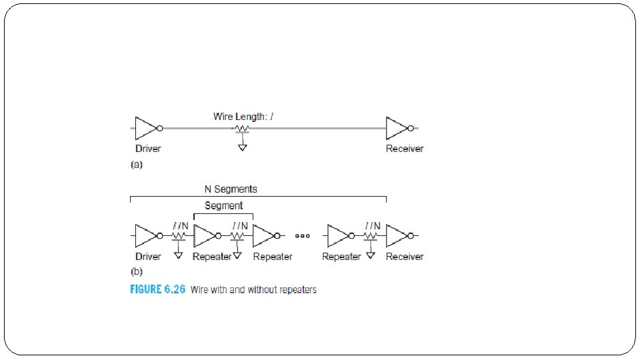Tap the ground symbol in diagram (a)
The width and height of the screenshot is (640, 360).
tap(243, 147)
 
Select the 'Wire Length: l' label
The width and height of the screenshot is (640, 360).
tap(243, 116)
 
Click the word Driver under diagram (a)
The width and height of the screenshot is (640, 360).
tap(148, 148)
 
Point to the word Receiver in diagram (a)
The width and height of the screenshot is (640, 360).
tap(405, 148)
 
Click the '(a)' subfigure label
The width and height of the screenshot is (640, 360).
tap(136, 164)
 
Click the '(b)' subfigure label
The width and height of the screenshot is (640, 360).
tap(136, 272)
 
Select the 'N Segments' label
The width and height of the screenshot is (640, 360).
tap(231, 189)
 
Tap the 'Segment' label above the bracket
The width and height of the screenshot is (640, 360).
tap(223, 205)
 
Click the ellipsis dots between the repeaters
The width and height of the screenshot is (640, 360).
tap(303, 236)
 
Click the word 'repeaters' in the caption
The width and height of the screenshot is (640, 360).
tap(299, 290)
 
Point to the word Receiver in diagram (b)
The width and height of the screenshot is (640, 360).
tap(405, 256)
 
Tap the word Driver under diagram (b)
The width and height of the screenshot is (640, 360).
tap(148, 256)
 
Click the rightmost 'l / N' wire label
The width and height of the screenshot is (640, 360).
tap(372, 225)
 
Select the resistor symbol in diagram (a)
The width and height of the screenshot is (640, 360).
tap(243, 129)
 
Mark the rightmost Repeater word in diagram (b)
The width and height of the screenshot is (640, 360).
tap(341, 256)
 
